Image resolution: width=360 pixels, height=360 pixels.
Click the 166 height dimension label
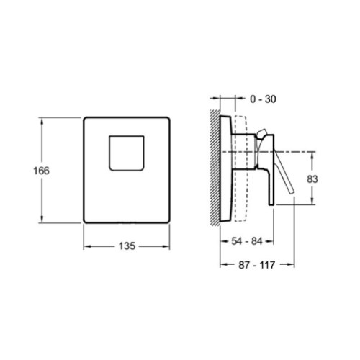(x=41, y=171)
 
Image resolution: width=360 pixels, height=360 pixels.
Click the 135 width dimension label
(x=127, y=246)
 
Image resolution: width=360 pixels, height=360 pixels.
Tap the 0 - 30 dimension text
(x=263, y=99)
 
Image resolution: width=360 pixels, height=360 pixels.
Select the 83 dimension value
(x=312, y=179)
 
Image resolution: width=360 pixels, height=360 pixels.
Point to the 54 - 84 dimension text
(x=247, y=241)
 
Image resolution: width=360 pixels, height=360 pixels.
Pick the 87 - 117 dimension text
(x=257, y=265)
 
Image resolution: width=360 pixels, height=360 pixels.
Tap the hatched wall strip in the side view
(x=215, y=168)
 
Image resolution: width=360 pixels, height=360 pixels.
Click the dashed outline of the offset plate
(x=246, y=168)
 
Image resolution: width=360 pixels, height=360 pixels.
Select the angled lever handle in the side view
(x=284, y=173)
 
